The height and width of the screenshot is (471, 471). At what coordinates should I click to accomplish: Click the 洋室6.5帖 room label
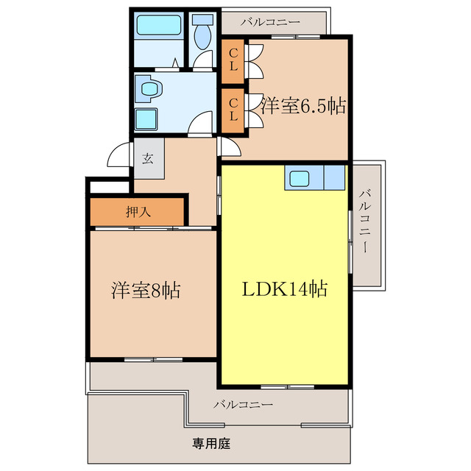pyautogui.click(x=302, y=106)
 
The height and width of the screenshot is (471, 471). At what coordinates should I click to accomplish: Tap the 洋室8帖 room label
pyautogui.click(x=146, y=289)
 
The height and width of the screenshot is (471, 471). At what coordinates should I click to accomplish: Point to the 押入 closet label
pyautogui.click(x=138, y=212)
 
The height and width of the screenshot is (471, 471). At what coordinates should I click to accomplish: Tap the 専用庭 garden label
pyautogui.click(x=212, y=444)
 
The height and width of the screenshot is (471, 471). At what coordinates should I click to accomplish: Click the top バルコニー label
pyautogui.click(x=274, y=21)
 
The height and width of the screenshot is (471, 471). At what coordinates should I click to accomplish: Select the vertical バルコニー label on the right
pyautogui.click(x=366, y=222)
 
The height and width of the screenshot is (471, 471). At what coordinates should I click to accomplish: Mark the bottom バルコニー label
pyautogui.click(x=244, y=404)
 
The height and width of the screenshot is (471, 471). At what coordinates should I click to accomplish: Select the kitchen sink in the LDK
pyautogui.click(x=300, y=177)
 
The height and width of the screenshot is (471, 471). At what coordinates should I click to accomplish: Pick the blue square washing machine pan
pyautogui.click(x=146, y=119)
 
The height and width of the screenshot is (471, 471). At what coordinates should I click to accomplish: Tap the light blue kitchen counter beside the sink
pyautogui.click(x=333, y=177)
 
